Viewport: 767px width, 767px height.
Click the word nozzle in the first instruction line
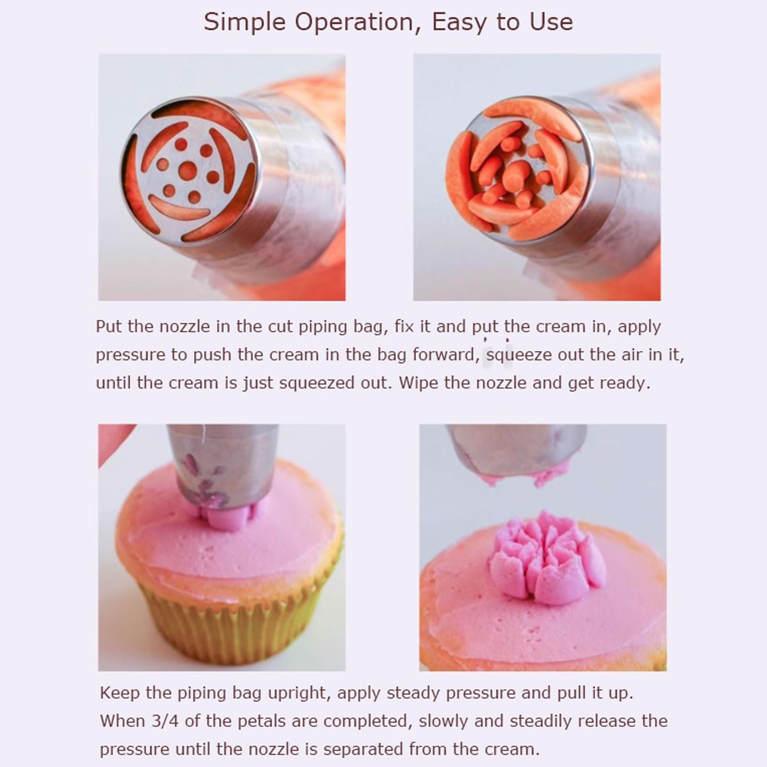click(185, 326)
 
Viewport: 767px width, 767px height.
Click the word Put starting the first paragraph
click(109, 326)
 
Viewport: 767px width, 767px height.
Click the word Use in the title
click(550, 23)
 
